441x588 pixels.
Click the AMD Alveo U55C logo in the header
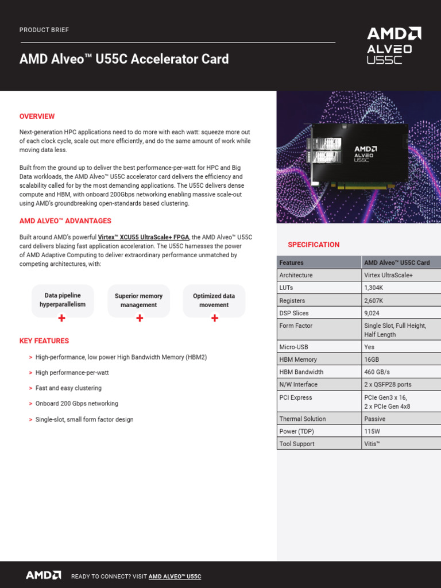pyautogui.click(x=394, y=45)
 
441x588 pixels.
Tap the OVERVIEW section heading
pyautogui.click(x=37, y=117)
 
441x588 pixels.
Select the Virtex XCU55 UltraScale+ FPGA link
pyautogui.click(x=144, y=237)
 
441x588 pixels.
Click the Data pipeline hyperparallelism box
pyautogui.click(x=63, y=300)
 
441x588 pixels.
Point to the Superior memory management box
pyautogui.click(x=138, y=300)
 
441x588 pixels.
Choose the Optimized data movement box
pyautogui.click(x=214, y=300)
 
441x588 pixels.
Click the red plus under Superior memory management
pyautogui.click(x=139, y=318)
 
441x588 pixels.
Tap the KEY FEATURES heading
pyautogui.click(x=44, y=341)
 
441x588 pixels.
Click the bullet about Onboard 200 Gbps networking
pyautogui.click(x=77, y=404)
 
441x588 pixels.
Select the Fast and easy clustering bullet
pyautogui.click(x=68, y=388)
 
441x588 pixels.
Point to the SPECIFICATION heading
pyautogui.click(x=314, y=245)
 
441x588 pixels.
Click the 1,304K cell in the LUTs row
pyautogui.click(x=374, y=288)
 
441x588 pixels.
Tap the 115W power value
pyautogui.click(x=372, y=431)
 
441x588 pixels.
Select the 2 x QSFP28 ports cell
pyautogui.click(x=388, y=385)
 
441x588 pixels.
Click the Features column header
pyautogui.click(x=292, y=262)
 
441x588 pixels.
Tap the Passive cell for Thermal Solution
pyautogui.click(x=374, y=419)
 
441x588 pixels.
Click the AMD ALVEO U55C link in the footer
pyautogui.click(x=175, y=577)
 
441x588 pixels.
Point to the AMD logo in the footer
pyautogui.click(x=43, y=575)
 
